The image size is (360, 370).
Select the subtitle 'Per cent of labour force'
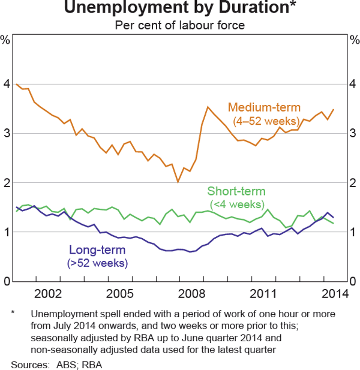pos(180,26)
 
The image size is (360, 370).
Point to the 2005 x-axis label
pos(120,294)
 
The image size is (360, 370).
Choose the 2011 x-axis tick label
pos(263,294)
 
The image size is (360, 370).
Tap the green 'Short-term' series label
pos(236,192)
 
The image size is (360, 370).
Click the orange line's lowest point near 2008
pos(178,182)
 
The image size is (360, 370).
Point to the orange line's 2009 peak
pos(208,107)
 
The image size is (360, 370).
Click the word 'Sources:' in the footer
pos(28,363)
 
